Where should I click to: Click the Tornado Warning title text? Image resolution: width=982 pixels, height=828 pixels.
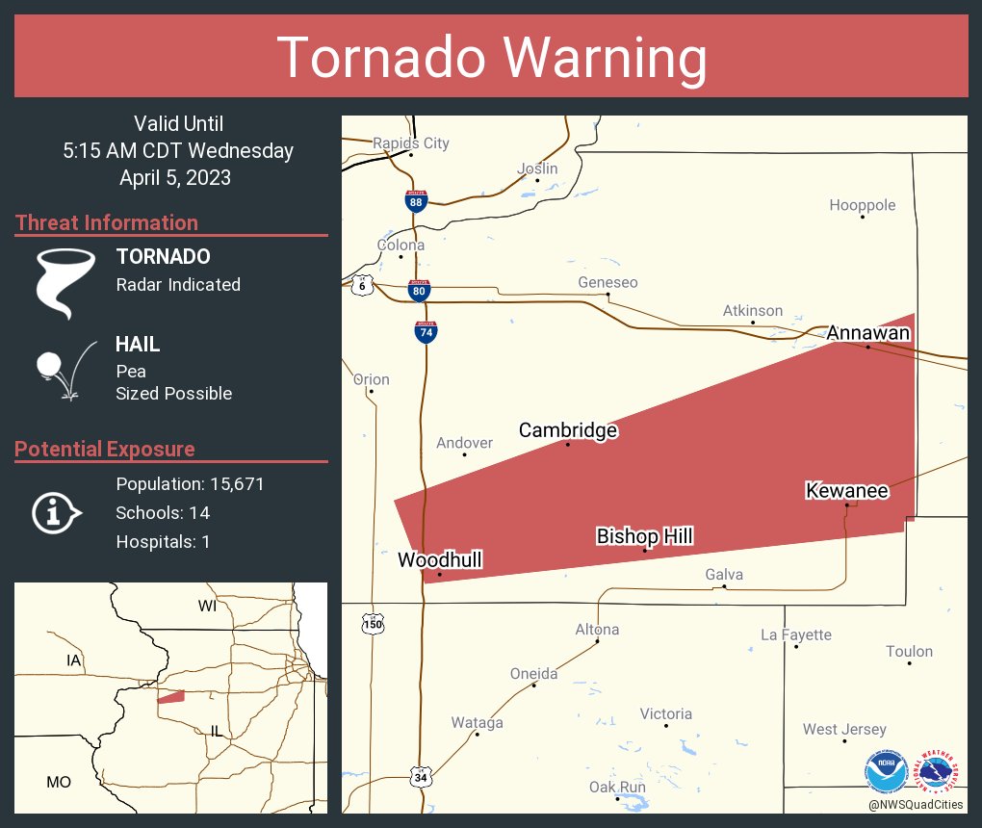(x=491, y=58)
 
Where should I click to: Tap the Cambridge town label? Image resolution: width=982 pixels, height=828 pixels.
(x=568, y=430)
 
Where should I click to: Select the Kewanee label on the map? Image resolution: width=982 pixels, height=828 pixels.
(x=846, y=491)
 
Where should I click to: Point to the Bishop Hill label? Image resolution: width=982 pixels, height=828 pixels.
(x=644, y=536)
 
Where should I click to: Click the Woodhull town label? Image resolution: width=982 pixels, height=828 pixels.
(x=439, y=560)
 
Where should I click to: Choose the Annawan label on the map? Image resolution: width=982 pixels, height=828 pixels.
(x=867, y=333)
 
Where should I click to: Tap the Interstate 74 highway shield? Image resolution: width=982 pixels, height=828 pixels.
(x=426, y=332)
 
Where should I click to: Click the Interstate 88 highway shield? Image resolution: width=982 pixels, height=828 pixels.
(x=415, y=200)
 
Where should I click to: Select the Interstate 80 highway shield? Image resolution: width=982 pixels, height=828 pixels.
(x=419, y=290)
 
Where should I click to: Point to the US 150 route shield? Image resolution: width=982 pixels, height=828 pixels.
(x=374, y=624)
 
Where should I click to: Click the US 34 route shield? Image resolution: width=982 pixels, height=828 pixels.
(x=420, y=776)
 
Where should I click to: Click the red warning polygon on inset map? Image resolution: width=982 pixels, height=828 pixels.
(x=170, y=696)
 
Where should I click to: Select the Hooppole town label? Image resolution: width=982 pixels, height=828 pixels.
(x=863, y=205)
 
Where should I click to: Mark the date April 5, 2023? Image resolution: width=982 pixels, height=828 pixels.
(x=175, y=177)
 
